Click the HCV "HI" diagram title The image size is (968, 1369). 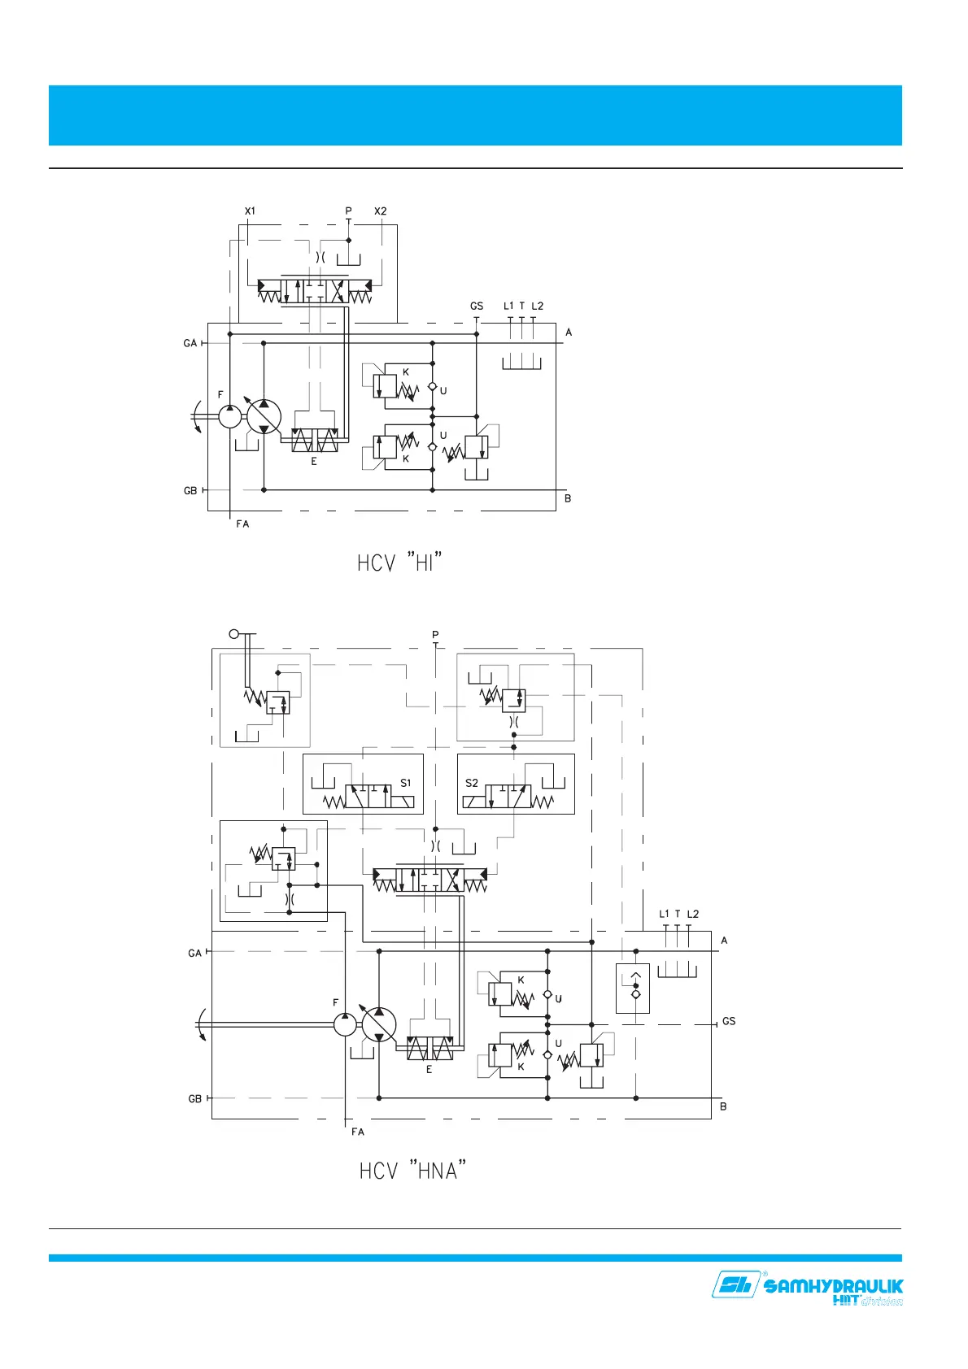pyautogui.click(x=399, y=562)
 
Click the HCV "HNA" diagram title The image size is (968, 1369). pyautogui.click(x=412, y=1171)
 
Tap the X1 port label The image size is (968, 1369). pyautogui.click(x=250, y=211)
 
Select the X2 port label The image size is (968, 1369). pyautogui.click(x=381, y=211)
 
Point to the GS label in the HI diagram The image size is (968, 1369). pyautogui.click(x=477, y=306)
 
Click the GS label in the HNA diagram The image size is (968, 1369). pyautogui.click(x=729, y=1021)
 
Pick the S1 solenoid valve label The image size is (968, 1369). pyautogui.click(x=405, y=783)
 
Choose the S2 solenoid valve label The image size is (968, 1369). pyautogui.click(x=472, y=783)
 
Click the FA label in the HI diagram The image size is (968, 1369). pyautogui.click(x=242, y=524)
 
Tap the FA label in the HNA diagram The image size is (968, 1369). pyautogui.click(x=358, y=1132)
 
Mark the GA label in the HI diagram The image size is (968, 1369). pyautogui.click(x=190, y=344)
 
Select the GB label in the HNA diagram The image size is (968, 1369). pyautogui.click(x=195, y=1099)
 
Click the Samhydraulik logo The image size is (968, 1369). pyautogui.click(x=807, y=1289)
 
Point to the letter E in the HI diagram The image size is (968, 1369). pyautogui.click(x=314, y=462)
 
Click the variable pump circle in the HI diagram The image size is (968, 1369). pyautogui.click(x=264, y=416)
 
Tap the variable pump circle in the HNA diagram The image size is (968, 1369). pyautogui.click(x=379, y=1025)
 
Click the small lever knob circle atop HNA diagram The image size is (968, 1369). pyautogui.click(x=233, y=634)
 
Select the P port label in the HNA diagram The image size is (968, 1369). pyautogui.click(x=435, y=635)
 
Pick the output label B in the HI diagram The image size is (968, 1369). pyautogui.click(x=568, y=498)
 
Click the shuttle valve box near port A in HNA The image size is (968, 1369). pyautogui.click(x=633, y=989)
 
